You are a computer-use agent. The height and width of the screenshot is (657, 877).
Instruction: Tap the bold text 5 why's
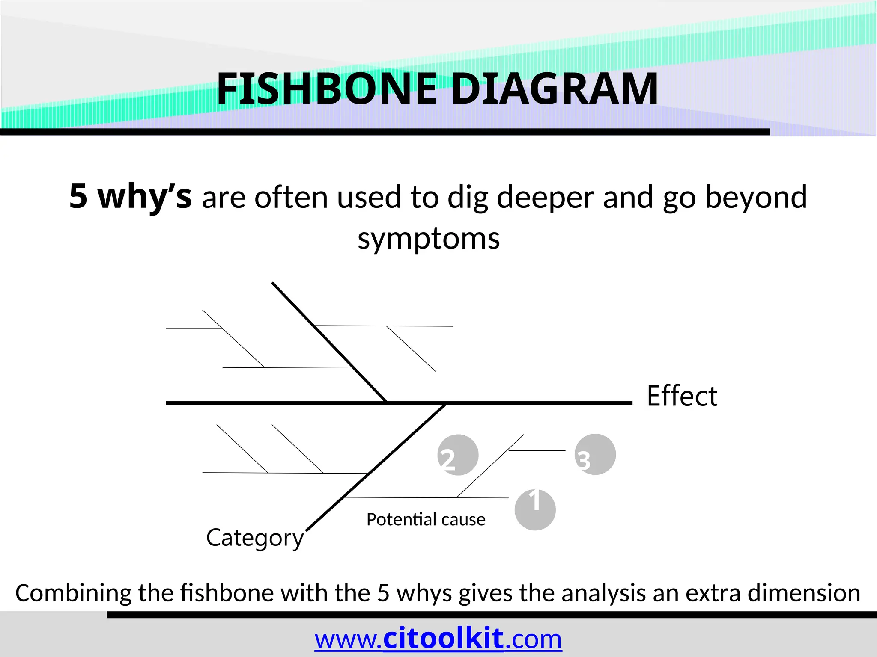pyautogui.click(x=131, y=197)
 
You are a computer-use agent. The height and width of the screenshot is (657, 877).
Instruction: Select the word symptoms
pyautogui.click(x=429, y=239)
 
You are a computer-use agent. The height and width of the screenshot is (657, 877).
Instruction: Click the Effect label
pyautogui.click(x=682, y=396)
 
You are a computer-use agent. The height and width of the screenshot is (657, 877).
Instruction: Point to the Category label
pyautogui.click(x=255, y=538)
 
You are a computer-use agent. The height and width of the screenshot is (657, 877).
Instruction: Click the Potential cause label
pyautogui.click(x=426, y=520)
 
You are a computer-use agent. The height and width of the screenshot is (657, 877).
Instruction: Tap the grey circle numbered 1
pyautogui.click(x=535, y=510)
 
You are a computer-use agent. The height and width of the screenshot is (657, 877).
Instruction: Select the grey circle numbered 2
pyautogui.click(x=458, y=455)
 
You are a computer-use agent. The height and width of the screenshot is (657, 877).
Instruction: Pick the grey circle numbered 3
pyautogui.click(x=595, y=454)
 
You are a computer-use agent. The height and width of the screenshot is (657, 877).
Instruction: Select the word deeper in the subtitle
pyautogui.click(x=545, y=198)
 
